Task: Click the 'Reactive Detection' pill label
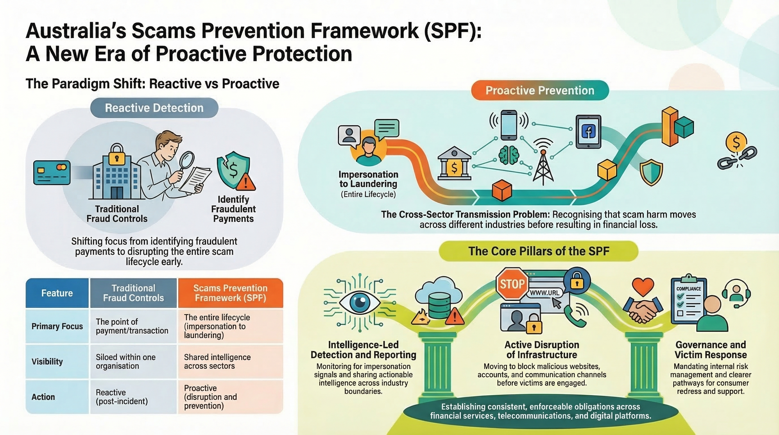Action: pyautogui.click(x=154, y=108)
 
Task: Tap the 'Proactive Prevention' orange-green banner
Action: pyautogui.click(x=540, y=90)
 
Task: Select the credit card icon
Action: pyautogui.click(x=52, y=172)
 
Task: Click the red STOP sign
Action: pyautogui.click(x=512, y=284)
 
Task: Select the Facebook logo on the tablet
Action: pyautogui.click(x=588, y=132)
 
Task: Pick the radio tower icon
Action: pyautogui.click(x=543, y=163)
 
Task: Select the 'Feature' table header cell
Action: pyautogui.click(x=57, y=293)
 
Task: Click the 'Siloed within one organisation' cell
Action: pyautogui.click(x=133, y=361)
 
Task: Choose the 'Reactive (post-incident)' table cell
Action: pyautogui.click(x=133, y=397)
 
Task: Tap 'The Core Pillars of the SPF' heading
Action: pyautogui.click(x=539, y=251)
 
